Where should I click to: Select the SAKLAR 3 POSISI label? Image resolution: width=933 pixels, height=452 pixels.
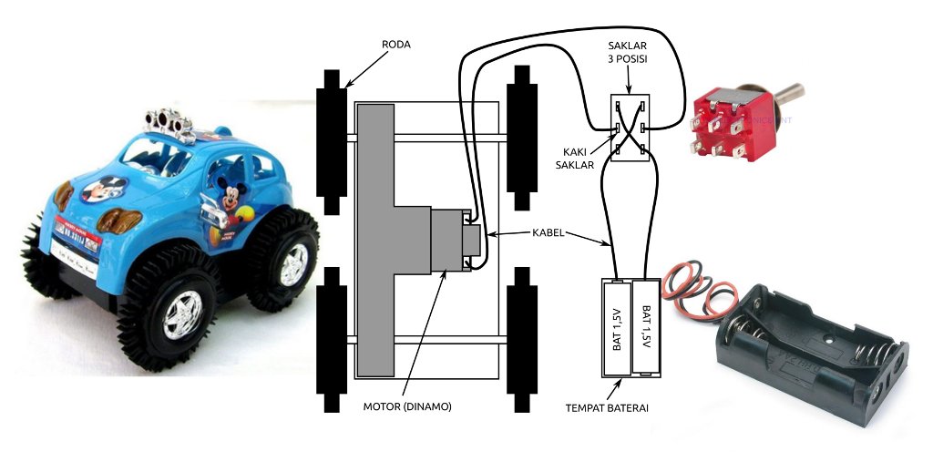[x=629, y=54]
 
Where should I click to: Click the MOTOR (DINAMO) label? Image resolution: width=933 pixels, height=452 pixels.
[x=408, y=406]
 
